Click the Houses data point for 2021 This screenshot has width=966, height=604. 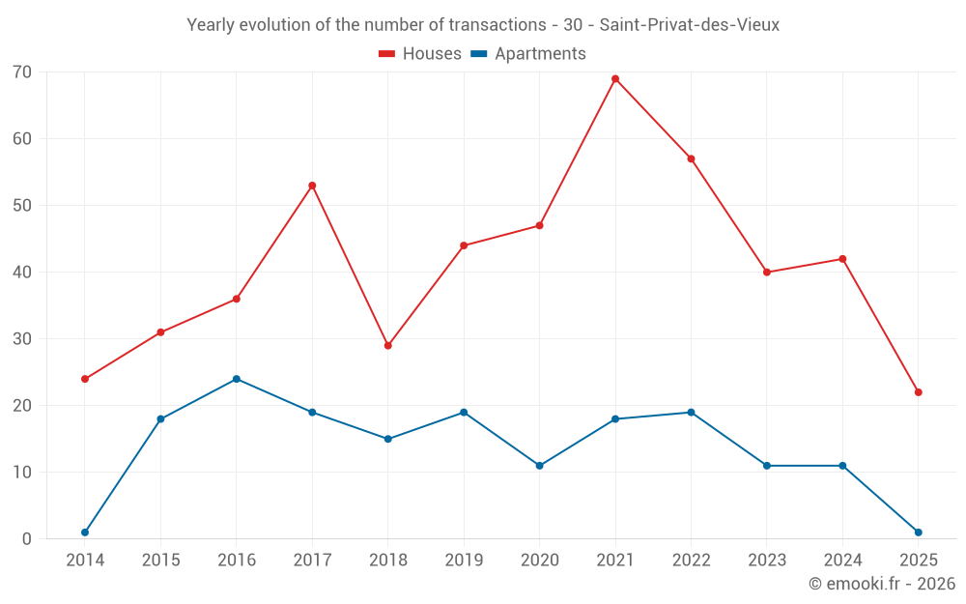[615, 78]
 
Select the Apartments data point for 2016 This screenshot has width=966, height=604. [237, 379]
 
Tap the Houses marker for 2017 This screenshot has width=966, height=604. [312, 186]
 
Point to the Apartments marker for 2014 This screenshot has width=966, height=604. [85, 532]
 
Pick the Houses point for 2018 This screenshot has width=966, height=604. [388, 345]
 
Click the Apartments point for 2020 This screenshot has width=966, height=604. [539, 466]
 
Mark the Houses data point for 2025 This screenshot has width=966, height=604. [918, 392]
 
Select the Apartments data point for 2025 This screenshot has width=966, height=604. [918, 532]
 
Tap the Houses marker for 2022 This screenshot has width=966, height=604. [691, 158]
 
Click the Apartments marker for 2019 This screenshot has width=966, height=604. [464, 413]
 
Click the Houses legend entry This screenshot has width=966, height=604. [420, 54]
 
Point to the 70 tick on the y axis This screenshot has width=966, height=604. [22, 72]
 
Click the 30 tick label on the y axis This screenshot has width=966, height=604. [22, 339]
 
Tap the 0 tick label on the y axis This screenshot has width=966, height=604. [27, 539]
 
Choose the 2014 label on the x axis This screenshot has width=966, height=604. [85, 561]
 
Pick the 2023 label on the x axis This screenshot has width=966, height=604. [767, 561]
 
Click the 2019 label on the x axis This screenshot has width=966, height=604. [464, 561]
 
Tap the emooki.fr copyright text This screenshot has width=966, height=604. [882, 584]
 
